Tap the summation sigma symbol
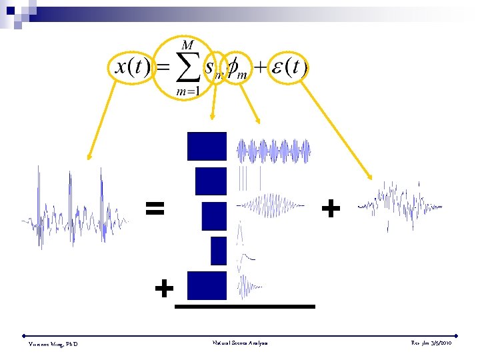[x=187, y=67]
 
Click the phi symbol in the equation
[x=238, y=69]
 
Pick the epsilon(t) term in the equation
[x=288, y=68]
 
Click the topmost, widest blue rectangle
[x=207, y=147]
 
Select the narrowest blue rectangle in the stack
[x=219, y=251]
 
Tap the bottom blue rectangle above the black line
[x=207, y=285]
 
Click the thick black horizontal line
[x=244, y=306]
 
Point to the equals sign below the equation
[x=155, y=209]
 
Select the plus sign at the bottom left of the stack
[x=164, y=289]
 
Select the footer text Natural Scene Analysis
[x=241, y=343]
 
